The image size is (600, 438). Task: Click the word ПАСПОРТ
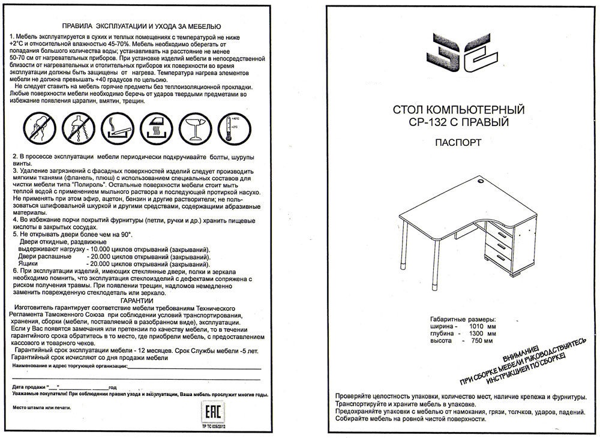[x=458, y=143]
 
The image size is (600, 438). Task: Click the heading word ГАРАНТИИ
[x=137, y=300]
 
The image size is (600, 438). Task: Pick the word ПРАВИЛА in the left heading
[x=80, y=27]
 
